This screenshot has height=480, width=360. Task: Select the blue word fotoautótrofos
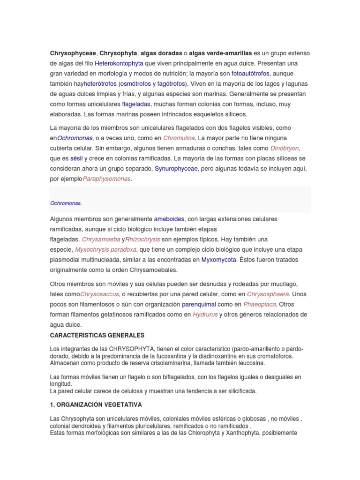[x=251, y=74]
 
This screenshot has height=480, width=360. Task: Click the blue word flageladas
[x=136, y=104]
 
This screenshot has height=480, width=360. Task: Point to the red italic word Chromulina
[x=178, y=138]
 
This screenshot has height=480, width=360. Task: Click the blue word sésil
[x=76, y=158]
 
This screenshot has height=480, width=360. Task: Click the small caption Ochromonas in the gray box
[x=66, y=203]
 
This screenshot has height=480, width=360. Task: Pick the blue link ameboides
[x=170, y=219]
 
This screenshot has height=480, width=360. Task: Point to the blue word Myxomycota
[x=218, y=260]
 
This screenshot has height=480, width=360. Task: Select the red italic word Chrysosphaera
[x=268, y=294]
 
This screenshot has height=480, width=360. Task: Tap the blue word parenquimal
[x=198, y=305]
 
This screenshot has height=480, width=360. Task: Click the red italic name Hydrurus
[x=205, y=315]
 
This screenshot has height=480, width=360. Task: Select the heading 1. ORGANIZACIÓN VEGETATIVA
[x=96, y=405]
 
